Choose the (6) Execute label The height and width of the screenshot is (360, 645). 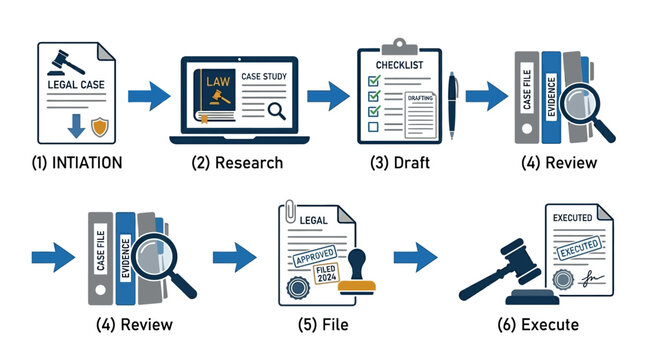pos(537,324)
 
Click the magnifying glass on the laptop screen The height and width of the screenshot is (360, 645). pos(276,111)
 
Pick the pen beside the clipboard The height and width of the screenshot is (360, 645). pos(453,105)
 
